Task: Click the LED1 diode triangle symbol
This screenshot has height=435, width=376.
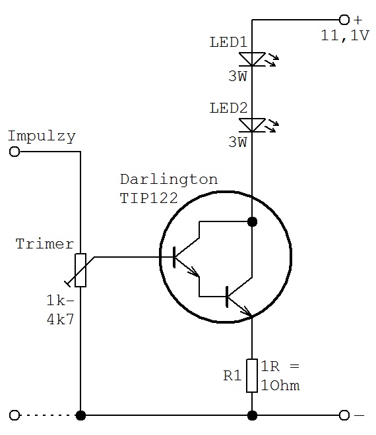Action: click(252, 59)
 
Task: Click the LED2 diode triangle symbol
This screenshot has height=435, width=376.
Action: click(252, 125)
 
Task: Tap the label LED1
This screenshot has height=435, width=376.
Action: click(228, 42)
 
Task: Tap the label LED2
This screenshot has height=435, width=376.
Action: click(228, 108)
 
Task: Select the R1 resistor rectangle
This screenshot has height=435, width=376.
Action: click(252, 376)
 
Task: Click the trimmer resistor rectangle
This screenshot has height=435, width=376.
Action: click(80, 270)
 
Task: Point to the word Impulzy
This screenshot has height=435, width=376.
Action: click(42, 136)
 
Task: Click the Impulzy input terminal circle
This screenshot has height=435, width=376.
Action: click(15, 152)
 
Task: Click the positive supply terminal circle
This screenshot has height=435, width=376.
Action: click(344, 20)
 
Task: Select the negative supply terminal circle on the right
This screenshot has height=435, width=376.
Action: click(344, 415)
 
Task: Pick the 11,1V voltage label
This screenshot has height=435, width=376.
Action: click(345, 36)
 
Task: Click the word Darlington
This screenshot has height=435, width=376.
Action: click(169, 180)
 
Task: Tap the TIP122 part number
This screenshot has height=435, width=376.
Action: click(148, 198)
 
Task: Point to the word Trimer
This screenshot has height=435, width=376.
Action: click(45, 244)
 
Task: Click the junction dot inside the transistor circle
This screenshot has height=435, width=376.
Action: click(252, 221)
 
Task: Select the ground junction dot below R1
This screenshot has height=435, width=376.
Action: click(252, 415)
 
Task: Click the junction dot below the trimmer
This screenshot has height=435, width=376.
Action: click(80, 415)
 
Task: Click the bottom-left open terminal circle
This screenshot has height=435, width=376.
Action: click(15, 415)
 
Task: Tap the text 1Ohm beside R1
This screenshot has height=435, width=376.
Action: click(280, 386)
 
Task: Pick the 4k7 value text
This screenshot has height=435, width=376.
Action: click(61, 320)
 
